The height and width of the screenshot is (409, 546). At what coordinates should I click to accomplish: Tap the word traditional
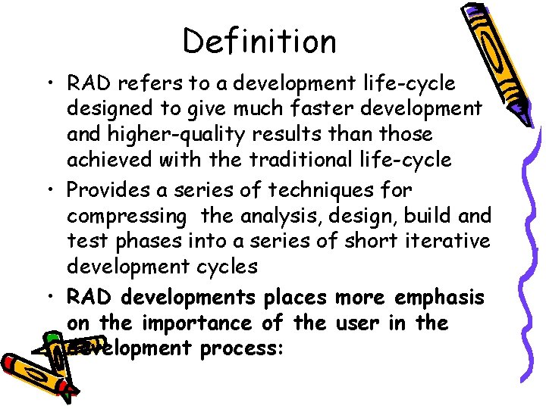(x=334, y=161)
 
